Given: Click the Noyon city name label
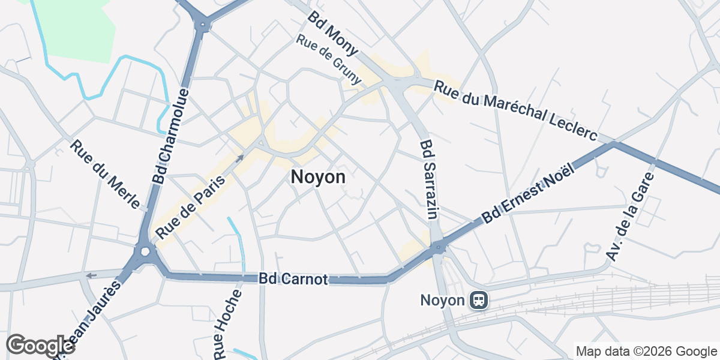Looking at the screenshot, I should coord(318,178).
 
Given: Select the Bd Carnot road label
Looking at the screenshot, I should coord(293,280).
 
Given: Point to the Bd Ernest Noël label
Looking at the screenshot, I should coord(529,194).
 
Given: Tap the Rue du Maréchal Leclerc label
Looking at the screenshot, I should coord(516,112).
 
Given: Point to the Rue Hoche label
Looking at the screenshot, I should coord(229,324).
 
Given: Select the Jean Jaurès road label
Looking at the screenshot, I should coord(90,318).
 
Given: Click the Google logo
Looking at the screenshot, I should coord(40,346).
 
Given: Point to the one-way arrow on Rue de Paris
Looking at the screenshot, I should coord(239,158).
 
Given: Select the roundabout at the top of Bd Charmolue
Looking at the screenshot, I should coord(203,25).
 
